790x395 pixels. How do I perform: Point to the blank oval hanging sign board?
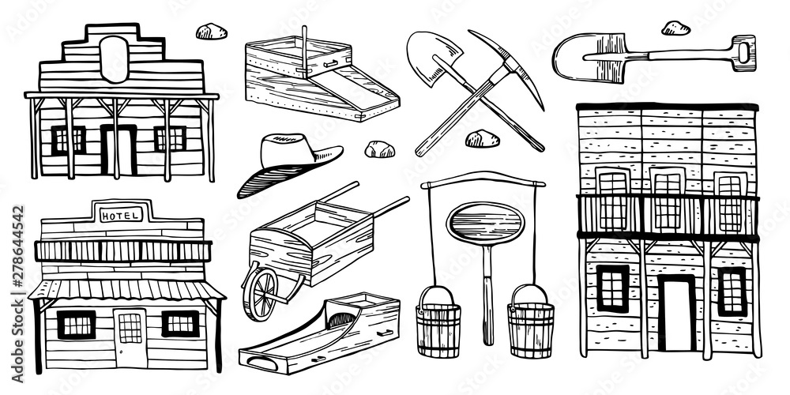pos(485,224)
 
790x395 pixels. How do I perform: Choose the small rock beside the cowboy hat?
pos(379,149)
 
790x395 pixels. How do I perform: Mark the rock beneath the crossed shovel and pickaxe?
pos(482,140)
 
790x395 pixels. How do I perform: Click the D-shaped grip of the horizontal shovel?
pos(743,53)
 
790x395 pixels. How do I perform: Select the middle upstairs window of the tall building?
pos(668,202)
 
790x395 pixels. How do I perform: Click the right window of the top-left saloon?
pos(170,139)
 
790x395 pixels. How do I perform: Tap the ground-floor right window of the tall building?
pos(732,292)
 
